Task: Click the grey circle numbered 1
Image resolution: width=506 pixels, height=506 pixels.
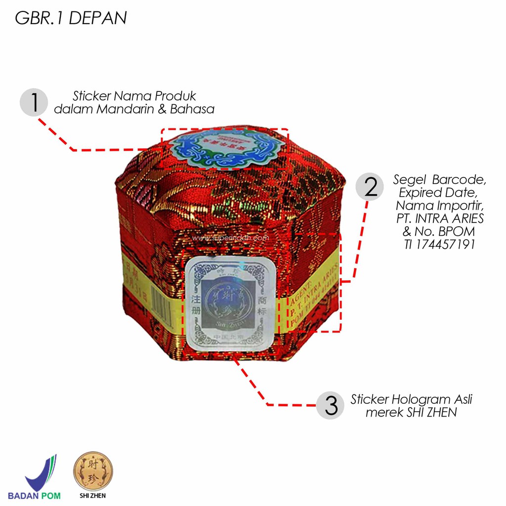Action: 34,102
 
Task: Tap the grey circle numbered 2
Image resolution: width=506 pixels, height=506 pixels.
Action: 370,187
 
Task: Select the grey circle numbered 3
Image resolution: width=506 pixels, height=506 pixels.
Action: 331,405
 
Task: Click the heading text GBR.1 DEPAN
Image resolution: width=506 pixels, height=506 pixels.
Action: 71,18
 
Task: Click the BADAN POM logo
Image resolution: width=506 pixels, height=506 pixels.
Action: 42,477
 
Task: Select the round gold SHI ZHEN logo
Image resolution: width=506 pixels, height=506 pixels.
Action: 93,471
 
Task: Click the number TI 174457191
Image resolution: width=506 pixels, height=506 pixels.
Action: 439,244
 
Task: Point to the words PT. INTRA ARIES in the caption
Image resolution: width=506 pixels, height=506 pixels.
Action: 440,218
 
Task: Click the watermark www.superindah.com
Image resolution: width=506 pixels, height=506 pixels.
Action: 231,238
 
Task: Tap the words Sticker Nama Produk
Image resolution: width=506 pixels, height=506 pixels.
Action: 134,96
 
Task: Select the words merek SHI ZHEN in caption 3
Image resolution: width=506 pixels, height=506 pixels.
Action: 411,412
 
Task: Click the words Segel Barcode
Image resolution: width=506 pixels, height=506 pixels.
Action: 440,178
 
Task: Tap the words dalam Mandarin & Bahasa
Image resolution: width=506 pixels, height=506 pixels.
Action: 134,109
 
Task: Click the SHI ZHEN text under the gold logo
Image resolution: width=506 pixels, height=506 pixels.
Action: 93,495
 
